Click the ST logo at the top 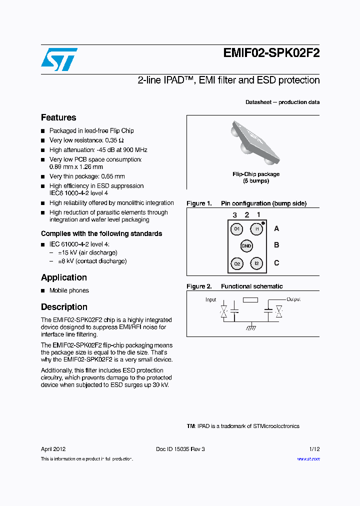tap(59, 59)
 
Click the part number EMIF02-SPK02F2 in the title tap(271, 53)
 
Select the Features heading tap(58, 117)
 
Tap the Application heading tap(64, 277)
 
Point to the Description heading tap(64, 307)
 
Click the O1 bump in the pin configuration tap(237, 229)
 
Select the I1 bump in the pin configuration tap(256, 229)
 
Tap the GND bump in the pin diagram tap(246, 245)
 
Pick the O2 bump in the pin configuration tap(237, 263)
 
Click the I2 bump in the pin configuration tap(256, 263)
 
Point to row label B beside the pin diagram tap(276, 245)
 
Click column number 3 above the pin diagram tap(234, 215)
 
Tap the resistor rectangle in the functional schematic tap(250, 300)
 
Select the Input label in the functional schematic tap(211, 300)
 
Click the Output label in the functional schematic tap(293, 299)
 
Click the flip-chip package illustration tap(252, 142)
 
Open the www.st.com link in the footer tap(308, 459)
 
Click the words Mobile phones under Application tap(69, 290)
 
